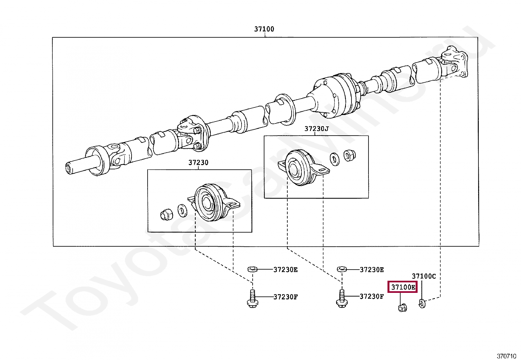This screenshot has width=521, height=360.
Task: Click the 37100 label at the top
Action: [x=264, y=29]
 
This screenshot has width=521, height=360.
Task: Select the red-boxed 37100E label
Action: [x=403, y=287]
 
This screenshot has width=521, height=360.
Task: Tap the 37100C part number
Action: [x=423, y=276]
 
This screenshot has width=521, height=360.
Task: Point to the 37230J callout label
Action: [x=316, y=129]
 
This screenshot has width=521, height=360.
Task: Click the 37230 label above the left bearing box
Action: [x=198, y=162]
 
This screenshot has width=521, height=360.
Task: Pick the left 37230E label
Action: [x=285, y=270]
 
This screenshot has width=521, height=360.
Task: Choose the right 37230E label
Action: [x=372, y=270]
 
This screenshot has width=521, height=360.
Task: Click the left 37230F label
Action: [x=285, y=297]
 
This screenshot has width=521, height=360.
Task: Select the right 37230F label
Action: [x=372, y=296]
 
